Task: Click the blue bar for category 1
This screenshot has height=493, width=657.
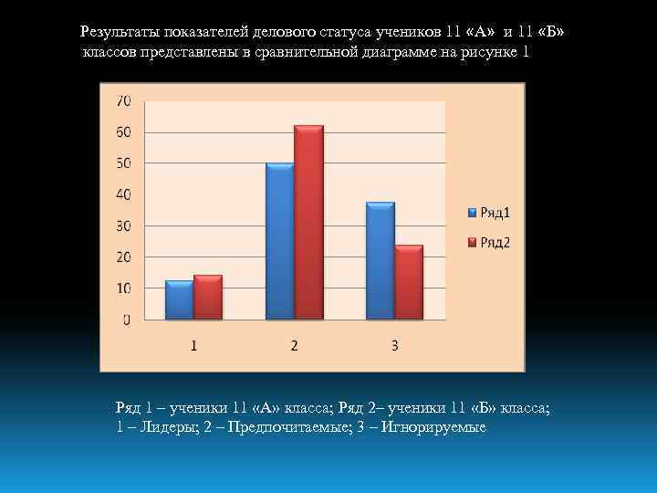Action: click(x=179, y=300)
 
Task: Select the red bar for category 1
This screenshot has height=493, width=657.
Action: click(x=207, y=298)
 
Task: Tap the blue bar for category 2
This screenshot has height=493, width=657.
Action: click(x=279, y=242)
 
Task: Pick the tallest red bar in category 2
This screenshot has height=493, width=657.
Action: click(x=308, y=223)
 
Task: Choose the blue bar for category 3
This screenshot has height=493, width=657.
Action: click(x=380, y=261)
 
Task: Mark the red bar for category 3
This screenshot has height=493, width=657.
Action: click(x=409, y=282)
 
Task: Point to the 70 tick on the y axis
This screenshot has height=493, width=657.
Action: click(x=123, y=100)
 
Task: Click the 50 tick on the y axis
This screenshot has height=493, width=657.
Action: click(x=123, y=163)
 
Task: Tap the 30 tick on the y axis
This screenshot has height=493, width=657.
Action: click(x=123, y=226)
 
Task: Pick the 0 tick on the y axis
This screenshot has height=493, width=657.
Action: click(x=127, y=320)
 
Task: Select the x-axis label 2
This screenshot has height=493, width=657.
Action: click(x=295, y=346)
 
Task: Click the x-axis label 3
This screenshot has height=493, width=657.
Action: click(x=394, y=346)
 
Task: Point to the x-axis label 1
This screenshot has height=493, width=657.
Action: click(x=194, y=346)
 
